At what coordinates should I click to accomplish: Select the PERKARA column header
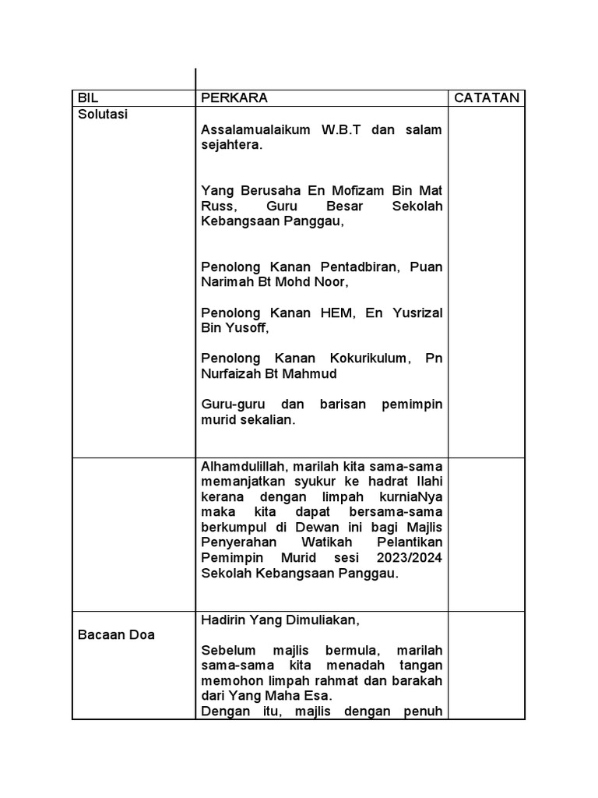234,98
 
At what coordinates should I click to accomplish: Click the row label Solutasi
103,114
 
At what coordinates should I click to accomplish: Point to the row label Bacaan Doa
116,634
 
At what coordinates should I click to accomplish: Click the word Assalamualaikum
255,129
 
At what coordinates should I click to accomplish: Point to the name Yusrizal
413,312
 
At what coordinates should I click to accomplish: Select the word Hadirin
223,620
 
